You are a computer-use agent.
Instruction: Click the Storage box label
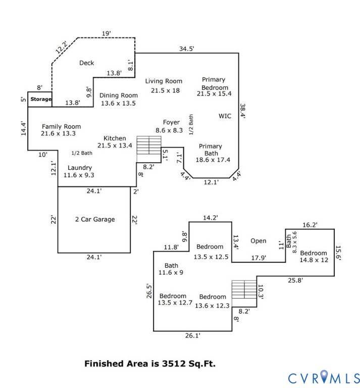(40, 99)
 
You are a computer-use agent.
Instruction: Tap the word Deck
(87, 63)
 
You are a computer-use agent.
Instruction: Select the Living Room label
(164, 81)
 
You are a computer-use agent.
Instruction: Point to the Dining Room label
(119, 95)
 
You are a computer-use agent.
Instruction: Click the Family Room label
(61, 127)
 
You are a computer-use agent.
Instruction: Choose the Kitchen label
(115, 138)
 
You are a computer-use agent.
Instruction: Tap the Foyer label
(171, 122)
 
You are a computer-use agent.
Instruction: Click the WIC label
(225, 116)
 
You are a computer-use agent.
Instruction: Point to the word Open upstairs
(258, 241)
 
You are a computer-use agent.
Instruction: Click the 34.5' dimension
(187, 49)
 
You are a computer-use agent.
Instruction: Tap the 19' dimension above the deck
(106, 33)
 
